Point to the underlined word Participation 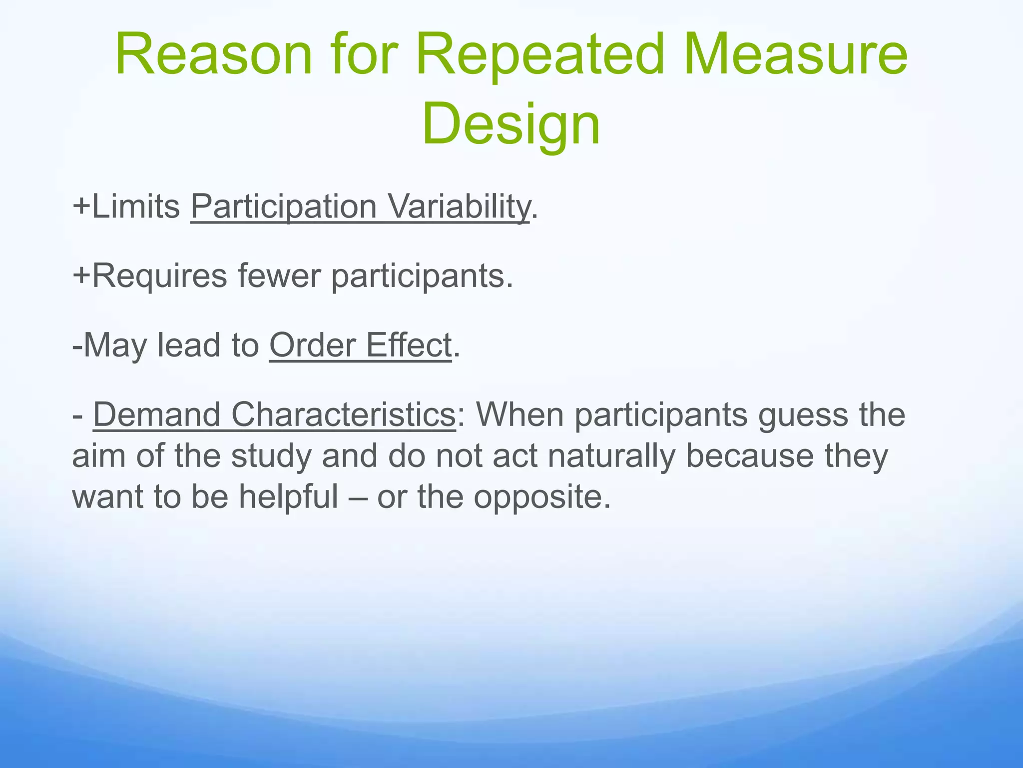283,206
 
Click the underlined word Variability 459,206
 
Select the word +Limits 126,206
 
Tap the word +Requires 149,275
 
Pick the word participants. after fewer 422,276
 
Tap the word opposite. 541,498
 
